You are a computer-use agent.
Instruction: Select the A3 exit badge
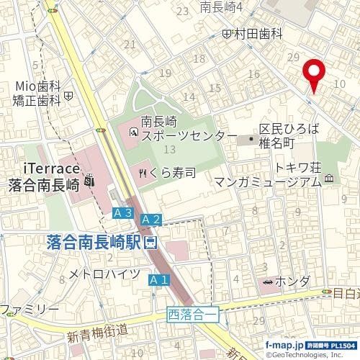[x=123, y=213]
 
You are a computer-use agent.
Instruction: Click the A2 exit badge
[x=150, y=218]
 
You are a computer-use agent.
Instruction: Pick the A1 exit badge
[x=158, y=279]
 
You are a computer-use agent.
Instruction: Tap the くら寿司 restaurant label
[x=173, y=173]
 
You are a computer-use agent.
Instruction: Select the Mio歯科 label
[x=36, y=86]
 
